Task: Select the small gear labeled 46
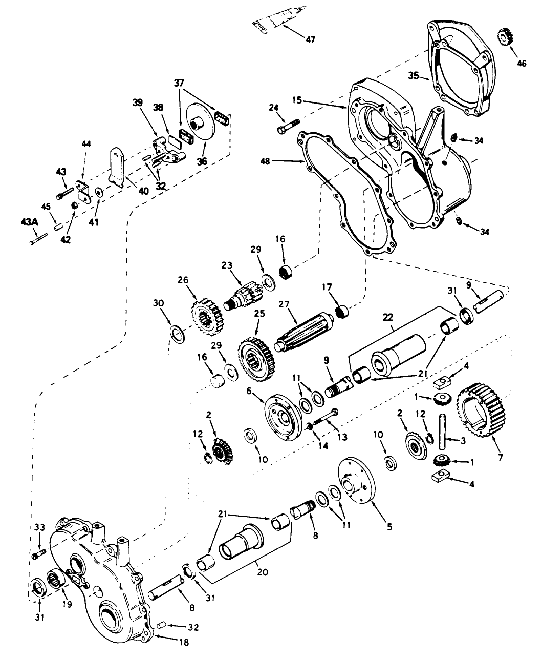pos(505,37)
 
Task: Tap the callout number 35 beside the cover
pos(415,76)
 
